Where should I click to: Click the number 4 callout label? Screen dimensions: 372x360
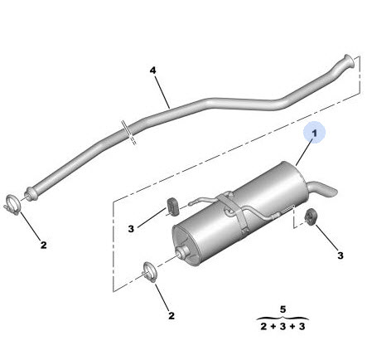click(152, 71)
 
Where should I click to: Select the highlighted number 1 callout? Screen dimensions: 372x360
click(314, 133)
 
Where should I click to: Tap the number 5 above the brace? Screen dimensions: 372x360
click(283, 309)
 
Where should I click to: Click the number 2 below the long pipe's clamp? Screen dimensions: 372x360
click(44, 245)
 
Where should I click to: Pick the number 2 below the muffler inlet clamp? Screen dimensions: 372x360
click(172, 316)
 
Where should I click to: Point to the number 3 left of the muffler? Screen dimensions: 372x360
click(131, 229)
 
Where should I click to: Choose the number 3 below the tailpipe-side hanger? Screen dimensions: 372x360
click(341, 255)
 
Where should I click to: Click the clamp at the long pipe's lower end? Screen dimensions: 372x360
click(12, 205)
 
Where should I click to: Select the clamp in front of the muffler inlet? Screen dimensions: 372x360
click(150, 272)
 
